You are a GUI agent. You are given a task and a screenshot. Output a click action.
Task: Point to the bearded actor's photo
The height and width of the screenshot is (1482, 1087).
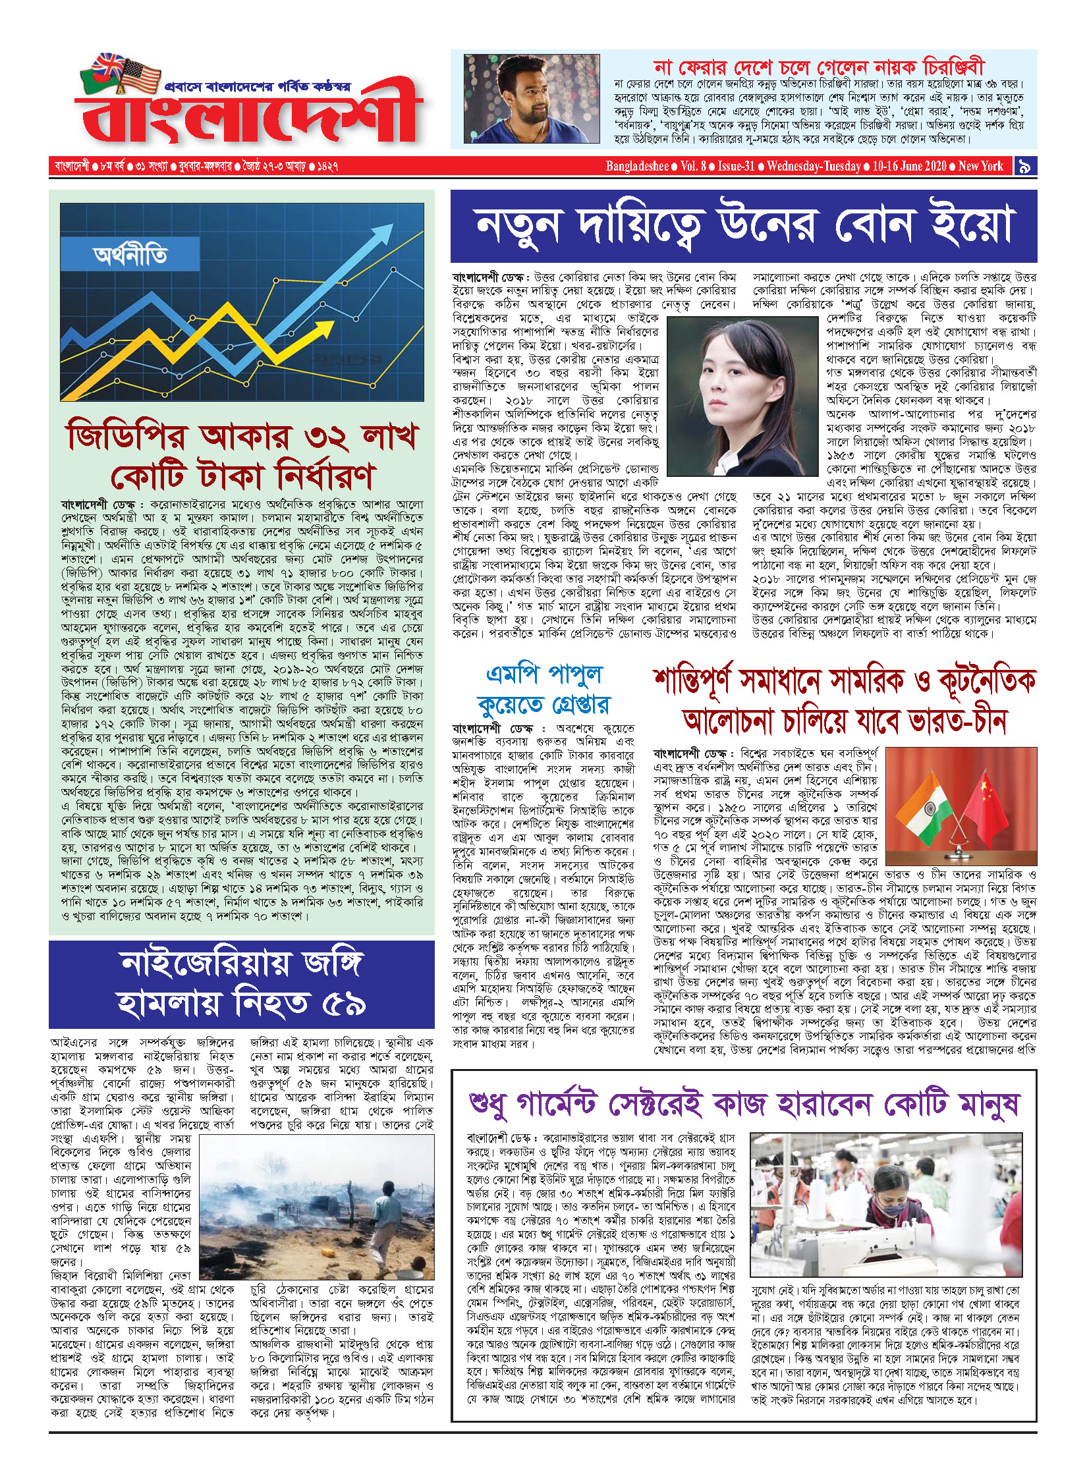(531, 99)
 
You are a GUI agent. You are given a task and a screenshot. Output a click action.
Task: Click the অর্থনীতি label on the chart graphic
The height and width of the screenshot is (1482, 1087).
(130, 255)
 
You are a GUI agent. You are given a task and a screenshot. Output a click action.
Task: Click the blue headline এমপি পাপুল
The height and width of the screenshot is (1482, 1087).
(544, 674)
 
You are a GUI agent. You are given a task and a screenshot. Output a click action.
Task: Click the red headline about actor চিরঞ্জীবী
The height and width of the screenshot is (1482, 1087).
(818, 67)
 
